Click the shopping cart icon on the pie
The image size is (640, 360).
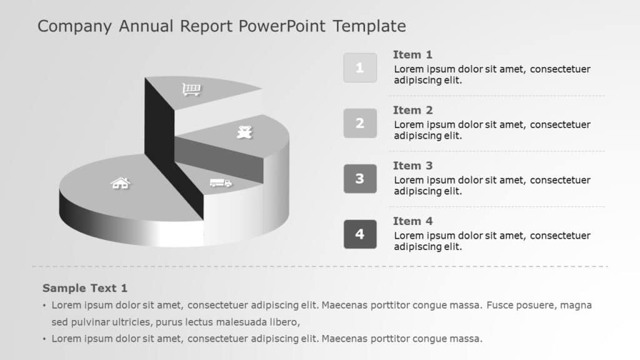(x=192, y=90)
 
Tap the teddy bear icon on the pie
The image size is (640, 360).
(x=244, y=132)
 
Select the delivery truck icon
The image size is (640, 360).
(x=221, y=182)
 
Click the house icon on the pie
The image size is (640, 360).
(x=120, y=182)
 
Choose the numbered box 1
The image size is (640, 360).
(x=360, y=68)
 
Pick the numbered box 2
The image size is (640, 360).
(x=360, y=123)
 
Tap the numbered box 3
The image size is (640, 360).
(x=360, y=179)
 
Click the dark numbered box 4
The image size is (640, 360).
(x=360, y=234)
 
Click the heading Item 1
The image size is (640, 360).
(x=412, y=54)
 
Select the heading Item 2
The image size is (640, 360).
(x=412, y=110)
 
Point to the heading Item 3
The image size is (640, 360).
(x=412, y=166)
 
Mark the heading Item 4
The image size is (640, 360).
(x=412, y=221)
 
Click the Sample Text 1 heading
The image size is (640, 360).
(x=85, y=288)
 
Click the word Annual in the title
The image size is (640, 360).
(x=146, y=26)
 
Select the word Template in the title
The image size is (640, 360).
(x=369, y=26)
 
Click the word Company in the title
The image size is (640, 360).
(x=74, y=26)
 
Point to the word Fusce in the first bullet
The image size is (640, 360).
(x=501, y=306)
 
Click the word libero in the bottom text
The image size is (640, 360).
(x=284, y=322)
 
